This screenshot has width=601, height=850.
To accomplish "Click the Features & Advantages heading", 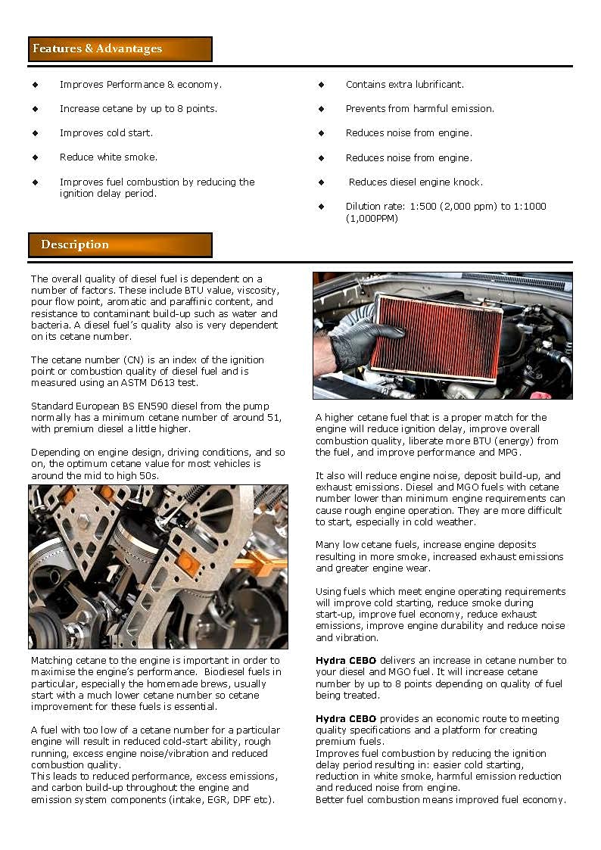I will (97, 48).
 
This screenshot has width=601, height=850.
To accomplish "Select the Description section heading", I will (75, 244).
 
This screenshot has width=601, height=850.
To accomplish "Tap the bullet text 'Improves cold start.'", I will (106, 133).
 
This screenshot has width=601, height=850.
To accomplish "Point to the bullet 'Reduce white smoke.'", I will (108, 157).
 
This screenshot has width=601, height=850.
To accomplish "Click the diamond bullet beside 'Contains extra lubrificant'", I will (321, 85).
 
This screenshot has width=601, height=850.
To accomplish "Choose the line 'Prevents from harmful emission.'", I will (419, 109).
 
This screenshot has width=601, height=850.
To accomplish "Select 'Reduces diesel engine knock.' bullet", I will (416, 182).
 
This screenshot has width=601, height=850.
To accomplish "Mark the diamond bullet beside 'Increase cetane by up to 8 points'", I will (35, 109).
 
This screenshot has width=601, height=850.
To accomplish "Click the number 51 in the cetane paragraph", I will (274, 418).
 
